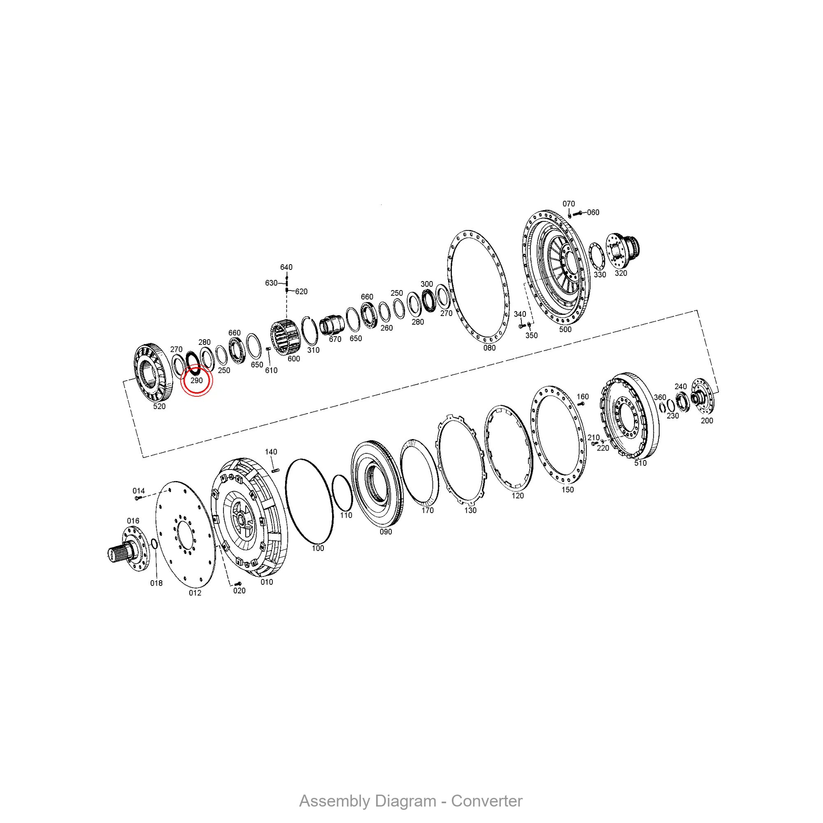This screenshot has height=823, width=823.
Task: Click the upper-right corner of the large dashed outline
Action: tap(697, 310)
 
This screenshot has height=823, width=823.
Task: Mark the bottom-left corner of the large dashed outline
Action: tap(143, 458)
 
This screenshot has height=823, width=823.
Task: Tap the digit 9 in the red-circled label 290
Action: tap(196, 380)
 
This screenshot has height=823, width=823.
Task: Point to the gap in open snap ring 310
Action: tap(303, 319)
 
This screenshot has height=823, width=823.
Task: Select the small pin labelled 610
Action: tap(268, 349)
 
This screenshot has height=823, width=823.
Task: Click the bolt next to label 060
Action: tap(577, 213)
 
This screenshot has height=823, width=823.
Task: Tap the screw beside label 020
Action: tap(238, 584)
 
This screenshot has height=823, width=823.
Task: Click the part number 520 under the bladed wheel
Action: tap(159, 407)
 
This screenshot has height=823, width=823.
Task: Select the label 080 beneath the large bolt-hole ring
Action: tap(489, 348)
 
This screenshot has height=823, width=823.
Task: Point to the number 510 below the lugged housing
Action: tap(640, 463)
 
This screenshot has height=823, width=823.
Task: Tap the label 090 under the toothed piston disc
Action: tap(386, 532)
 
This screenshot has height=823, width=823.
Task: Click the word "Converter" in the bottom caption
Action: tap(487, 801)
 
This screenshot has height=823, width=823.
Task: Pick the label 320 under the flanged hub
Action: tap(621, 273)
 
